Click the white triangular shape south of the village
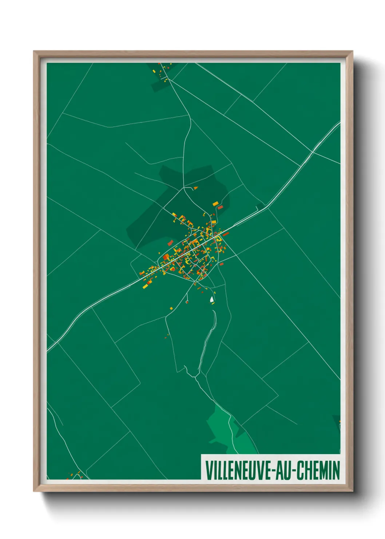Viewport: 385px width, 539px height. tap(211, 299)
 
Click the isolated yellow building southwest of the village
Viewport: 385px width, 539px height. tap(171, 308)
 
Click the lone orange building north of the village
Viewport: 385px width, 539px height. tap(196, 188)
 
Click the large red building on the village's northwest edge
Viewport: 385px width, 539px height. tap(170, 242)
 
